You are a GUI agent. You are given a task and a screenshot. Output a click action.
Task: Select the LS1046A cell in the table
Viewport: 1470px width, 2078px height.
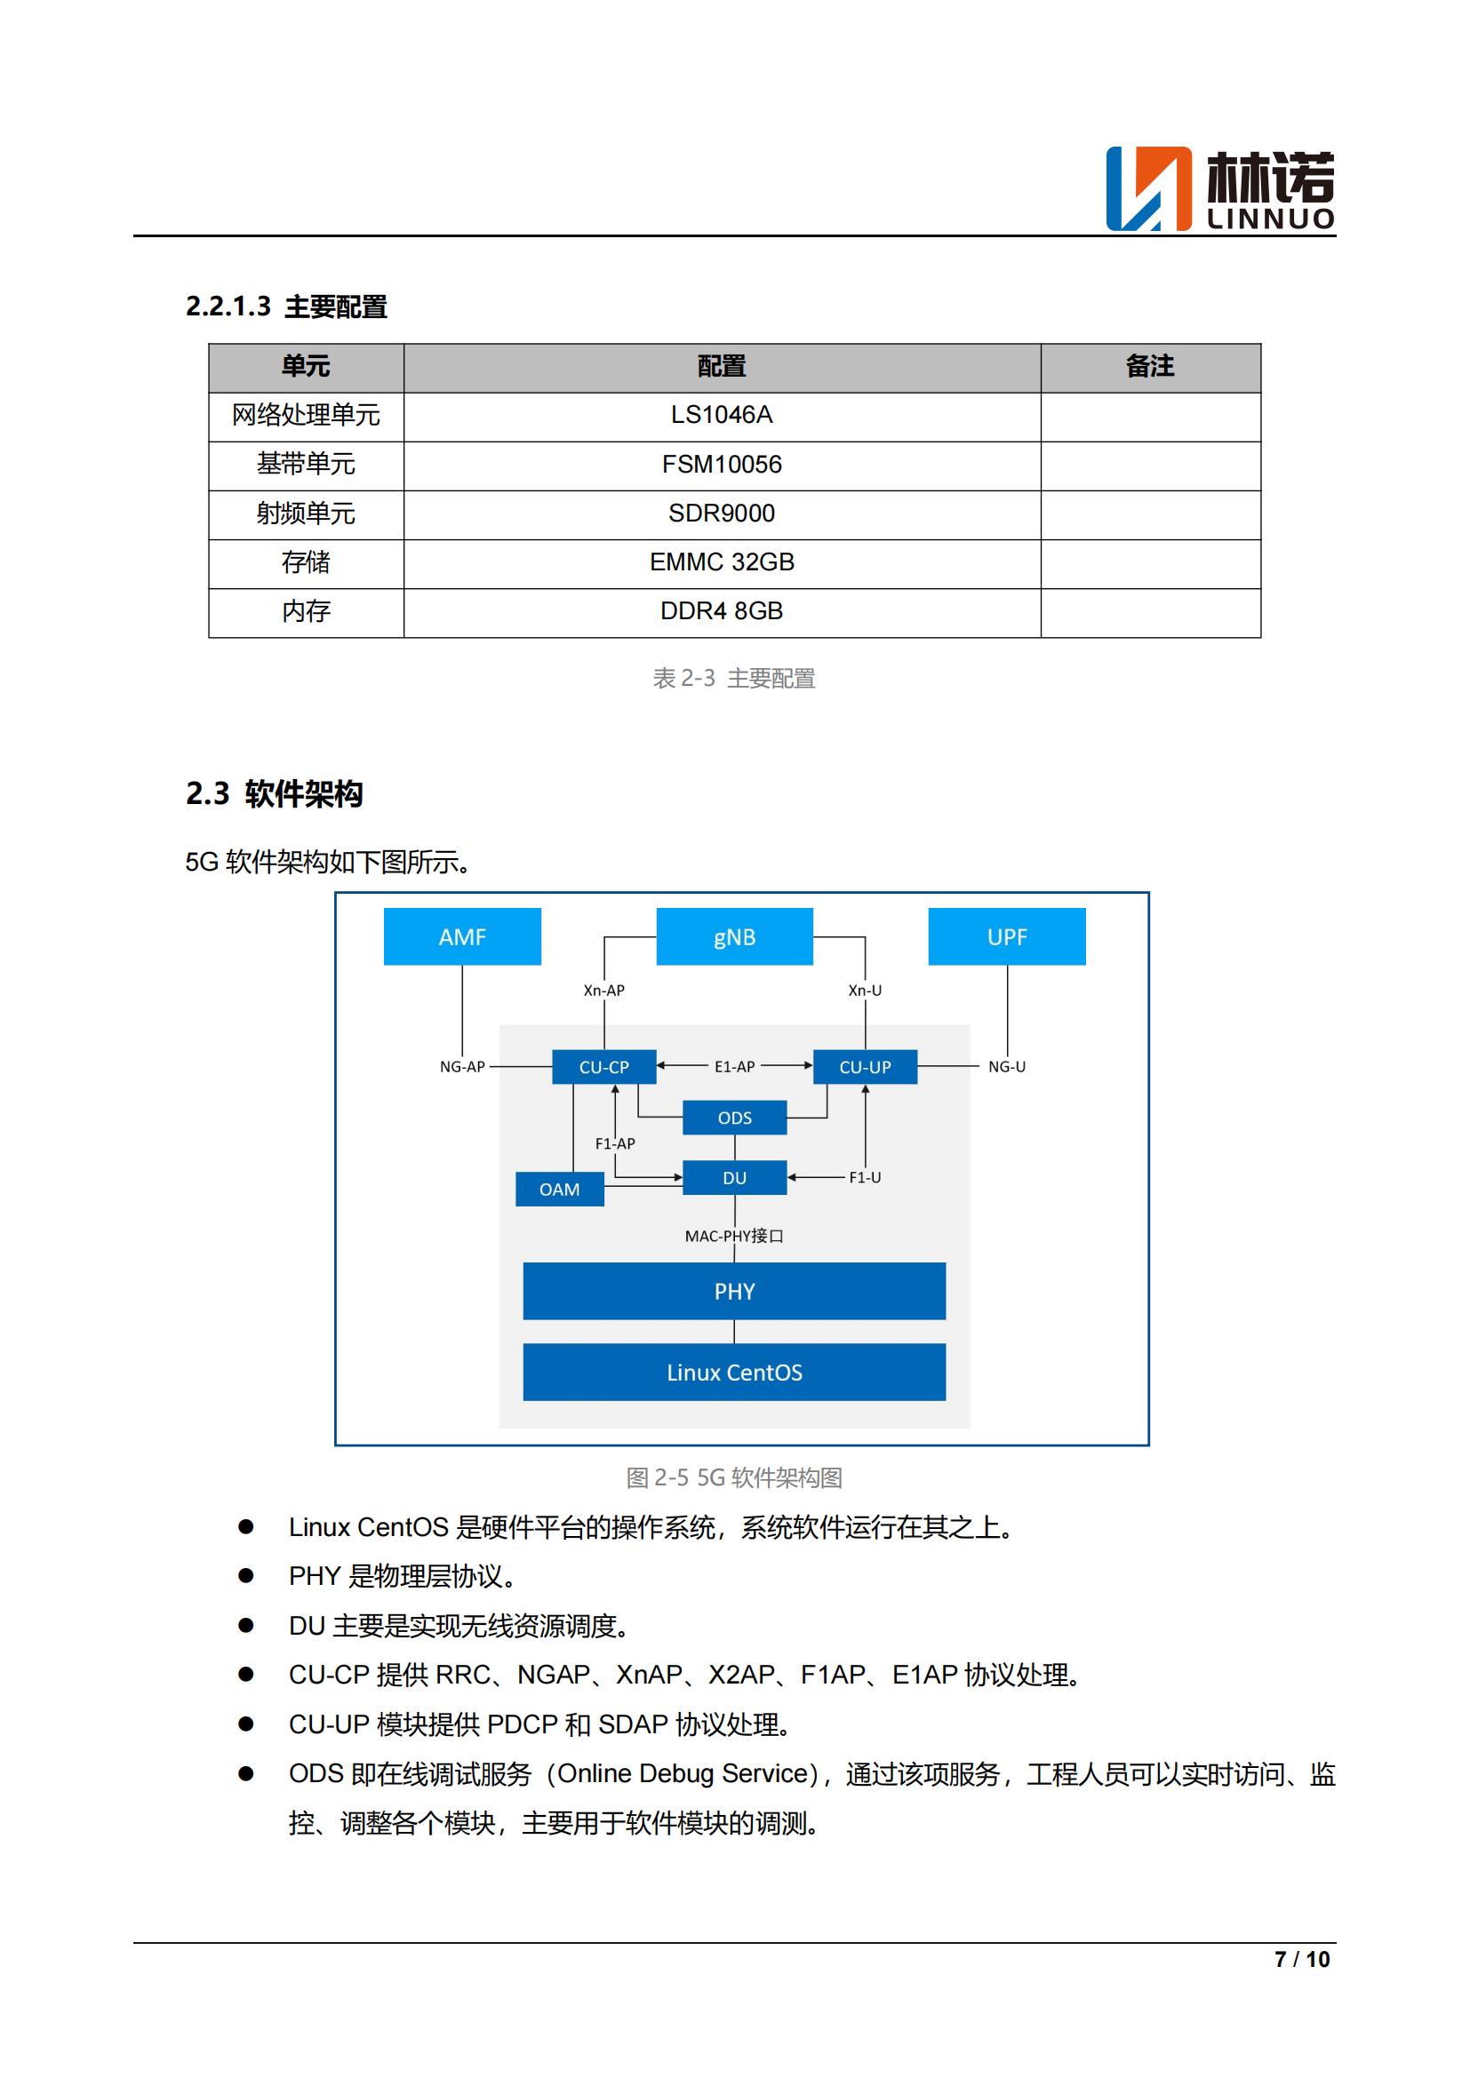point(722,416)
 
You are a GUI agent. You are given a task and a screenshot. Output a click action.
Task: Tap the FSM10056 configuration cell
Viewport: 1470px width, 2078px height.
point(722,465)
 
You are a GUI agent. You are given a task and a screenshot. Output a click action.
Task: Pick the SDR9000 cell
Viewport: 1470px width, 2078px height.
point(722,514)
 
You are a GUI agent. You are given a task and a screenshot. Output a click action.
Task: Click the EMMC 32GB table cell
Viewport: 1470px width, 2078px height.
point(722,562)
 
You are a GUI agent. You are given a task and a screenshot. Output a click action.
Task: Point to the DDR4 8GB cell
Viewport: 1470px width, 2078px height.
point(722,611)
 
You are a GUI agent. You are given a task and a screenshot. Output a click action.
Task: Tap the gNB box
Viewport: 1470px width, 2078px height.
point(734,936)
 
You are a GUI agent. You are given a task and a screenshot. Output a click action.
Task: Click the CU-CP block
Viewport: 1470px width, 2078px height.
point(603,1067)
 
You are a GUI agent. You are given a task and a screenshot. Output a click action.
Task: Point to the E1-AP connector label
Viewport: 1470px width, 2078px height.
point(734,1067)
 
